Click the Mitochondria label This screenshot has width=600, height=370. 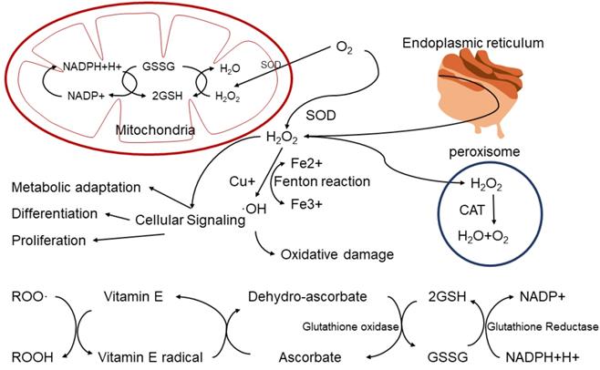(155, 131)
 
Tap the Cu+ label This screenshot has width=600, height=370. (243, 181)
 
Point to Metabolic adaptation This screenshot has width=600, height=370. (76, 188)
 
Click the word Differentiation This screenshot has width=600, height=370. (55, 213)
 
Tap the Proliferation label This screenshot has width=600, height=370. (48, 240)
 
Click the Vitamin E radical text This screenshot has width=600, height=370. (146, 355)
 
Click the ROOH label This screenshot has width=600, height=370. (29, 355)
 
